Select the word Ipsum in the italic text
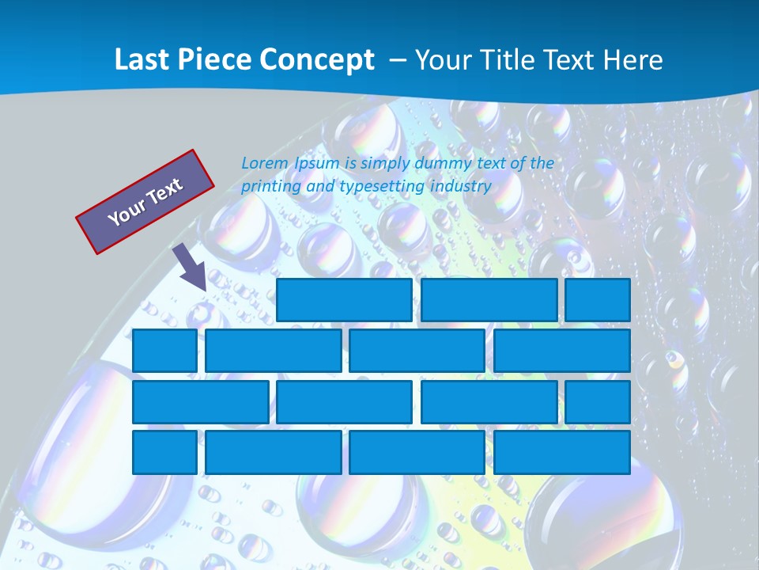pos(315,163)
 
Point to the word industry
pos(461,187)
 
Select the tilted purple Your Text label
pos(145,201)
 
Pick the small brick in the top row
pos(598,300)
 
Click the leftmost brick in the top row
pos(344,300)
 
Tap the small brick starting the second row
pos(164,351)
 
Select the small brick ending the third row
pos(598,402)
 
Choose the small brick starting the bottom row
pos(164,453)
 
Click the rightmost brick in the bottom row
pos(562,453)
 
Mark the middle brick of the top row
pos(489,300)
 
